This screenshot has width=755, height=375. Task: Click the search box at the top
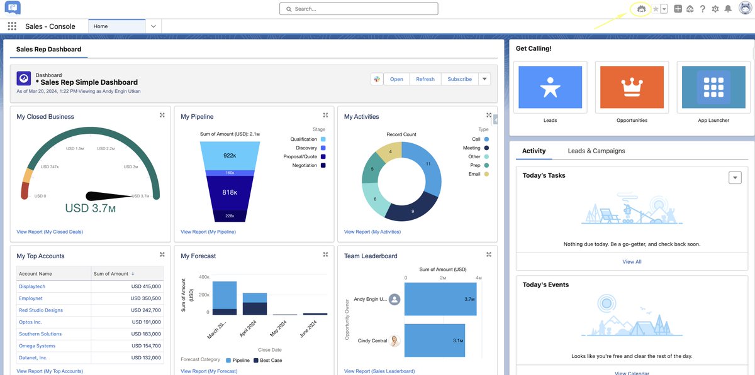click(359, 9)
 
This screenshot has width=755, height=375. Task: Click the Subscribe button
click(459, 79)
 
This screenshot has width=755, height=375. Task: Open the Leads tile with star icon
click(550, 87)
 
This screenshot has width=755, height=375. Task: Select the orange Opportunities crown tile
click(632, 87)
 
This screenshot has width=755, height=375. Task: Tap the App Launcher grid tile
click(713, 87)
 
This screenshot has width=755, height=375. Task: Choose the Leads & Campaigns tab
click(596, 151)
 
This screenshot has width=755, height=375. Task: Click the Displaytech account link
click(32, 286)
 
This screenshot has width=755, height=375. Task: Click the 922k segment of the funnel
click(230, 155)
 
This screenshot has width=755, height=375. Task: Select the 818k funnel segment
click(230, 193)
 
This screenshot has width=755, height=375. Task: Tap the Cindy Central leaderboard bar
click(434, 340)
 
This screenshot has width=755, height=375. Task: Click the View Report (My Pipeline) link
click(208, 232)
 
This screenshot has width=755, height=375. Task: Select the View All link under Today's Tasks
click(632, 262)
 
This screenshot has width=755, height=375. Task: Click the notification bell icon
click(728, 9)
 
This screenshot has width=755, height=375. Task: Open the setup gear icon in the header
click(715, 9)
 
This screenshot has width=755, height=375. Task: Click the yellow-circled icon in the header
click(641, 9)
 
